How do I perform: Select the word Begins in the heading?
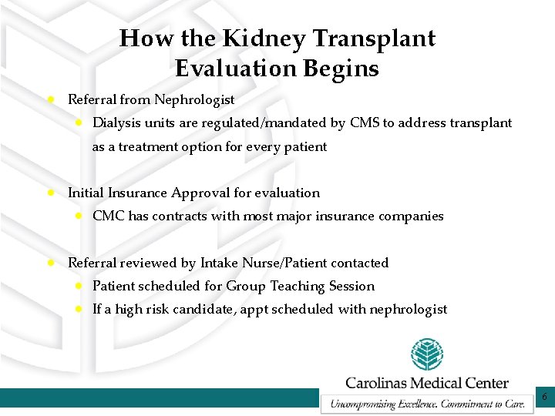(341, 69)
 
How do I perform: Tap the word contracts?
(180, 216)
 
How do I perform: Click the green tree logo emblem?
(426, 354)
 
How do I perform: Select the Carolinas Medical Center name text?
(426, 382)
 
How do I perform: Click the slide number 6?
(544, 398)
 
